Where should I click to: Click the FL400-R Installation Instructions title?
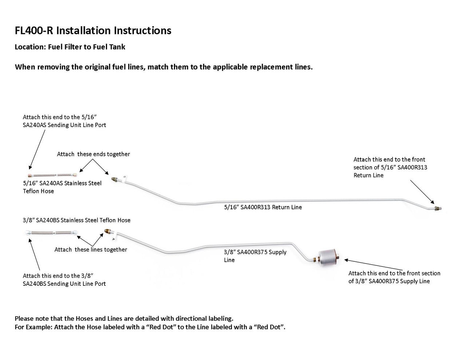93,31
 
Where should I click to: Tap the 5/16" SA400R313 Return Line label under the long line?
262,207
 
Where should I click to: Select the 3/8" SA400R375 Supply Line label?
255,256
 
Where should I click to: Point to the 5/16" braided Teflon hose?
52,175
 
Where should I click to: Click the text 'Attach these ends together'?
93,154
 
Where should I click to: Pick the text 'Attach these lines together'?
91,249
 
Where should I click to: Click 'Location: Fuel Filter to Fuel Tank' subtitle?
70,47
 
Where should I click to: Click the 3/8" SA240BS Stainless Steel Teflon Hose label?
76,220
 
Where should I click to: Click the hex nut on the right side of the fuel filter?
339,258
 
